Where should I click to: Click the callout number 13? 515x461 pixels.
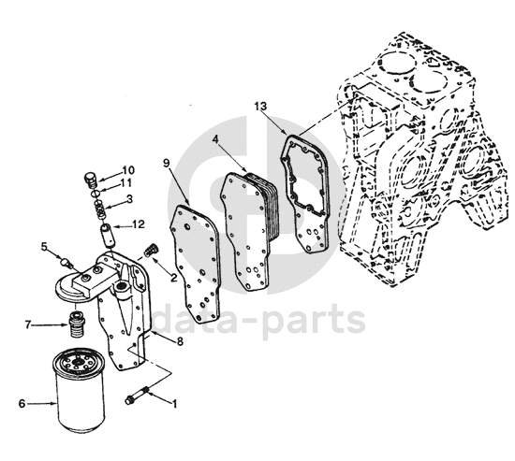coord(260,107)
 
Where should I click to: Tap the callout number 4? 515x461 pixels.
coord(215,138)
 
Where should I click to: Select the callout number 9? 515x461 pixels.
coord(167,164)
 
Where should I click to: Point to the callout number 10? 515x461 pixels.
coord(128,170)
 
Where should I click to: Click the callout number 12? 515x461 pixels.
coord(139,224)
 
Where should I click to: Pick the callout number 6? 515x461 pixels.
coord(22,403)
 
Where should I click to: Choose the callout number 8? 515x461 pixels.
coord(180,341)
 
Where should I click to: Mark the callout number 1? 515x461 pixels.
coord(174,404)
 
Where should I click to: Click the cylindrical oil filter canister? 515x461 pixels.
coord(79,392)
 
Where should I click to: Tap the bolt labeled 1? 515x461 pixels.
coord(138,395)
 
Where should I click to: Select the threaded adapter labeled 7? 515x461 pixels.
coord(77,324)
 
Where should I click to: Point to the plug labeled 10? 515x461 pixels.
coord(90,180)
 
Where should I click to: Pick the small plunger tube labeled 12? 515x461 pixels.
coord(108,234)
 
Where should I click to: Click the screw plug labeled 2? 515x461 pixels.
coord(151,250)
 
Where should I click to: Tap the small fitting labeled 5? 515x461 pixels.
coord(66,263)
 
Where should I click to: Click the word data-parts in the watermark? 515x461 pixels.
coord(258,319)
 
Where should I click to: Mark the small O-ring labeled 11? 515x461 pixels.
coord(96,194)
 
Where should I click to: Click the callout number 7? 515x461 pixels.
coord(28,324)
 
